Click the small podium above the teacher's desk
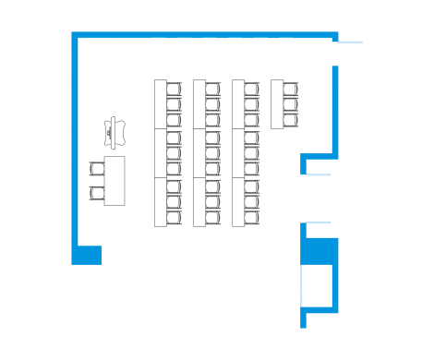click(x=115, y=131)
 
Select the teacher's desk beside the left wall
click(x=115, y=181)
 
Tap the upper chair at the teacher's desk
click(x=97, y=169)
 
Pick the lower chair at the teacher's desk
click(x=97, y=192)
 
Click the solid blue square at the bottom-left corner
click(x=88, y=254)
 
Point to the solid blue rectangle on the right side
click(x=321, y=251)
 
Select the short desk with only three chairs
click(x=277, y=104)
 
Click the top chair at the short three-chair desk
click(x=291, y=90)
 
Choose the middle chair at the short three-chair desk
click(x=291, y=105)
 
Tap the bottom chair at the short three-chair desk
click(x=291, y=120)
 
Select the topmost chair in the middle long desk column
click(x=213, y=90)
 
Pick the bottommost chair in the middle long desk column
click(x=213, y=216)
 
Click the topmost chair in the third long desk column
click(x=252, y=90)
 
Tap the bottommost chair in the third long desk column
click(x=252, y=216)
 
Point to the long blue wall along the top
click(x=203, y=35)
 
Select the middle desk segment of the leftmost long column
click(x=160, y=153)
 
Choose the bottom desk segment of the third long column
click(x=238, y=200)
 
